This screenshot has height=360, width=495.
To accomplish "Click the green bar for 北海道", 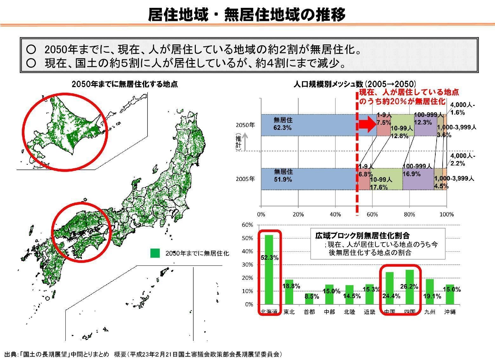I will pyautogui.click(x=269, y=270).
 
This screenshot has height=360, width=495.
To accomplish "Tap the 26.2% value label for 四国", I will pyautogui.click(x=409, y=286).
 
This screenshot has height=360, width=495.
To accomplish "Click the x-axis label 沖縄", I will pyautogui.click(x=450, y=312).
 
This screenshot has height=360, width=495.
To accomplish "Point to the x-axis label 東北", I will pyautogui.click(x=289, y=312).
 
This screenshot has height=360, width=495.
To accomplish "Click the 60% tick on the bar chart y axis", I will pyautogui.click(x=247, y=225).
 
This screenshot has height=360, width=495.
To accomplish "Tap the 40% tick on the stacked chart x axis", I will pyautogui.click(x=335, y=214).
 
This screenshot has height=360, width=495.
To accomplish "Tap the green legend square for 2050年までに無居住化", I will pyautogui.click(x=155, y=253).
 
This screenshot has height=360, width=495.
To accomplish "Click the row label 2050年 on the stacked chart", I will pyautogui.click(x=245, y=125).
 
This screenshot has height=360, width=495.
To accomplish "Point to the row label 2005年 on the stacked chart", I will pyautogui.click(x=245, y=179).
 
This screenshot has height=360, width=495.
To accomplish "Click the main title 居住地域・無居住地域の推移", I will pyautogui.click(x=247, y=15).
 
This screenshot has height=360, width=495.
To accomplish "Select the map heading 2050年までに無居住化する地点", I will pyautogui.click(x=125, y=84).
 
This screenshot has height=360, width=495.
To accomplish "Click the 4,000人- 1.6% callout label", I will pyautogui.click(x=462, y=109).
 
